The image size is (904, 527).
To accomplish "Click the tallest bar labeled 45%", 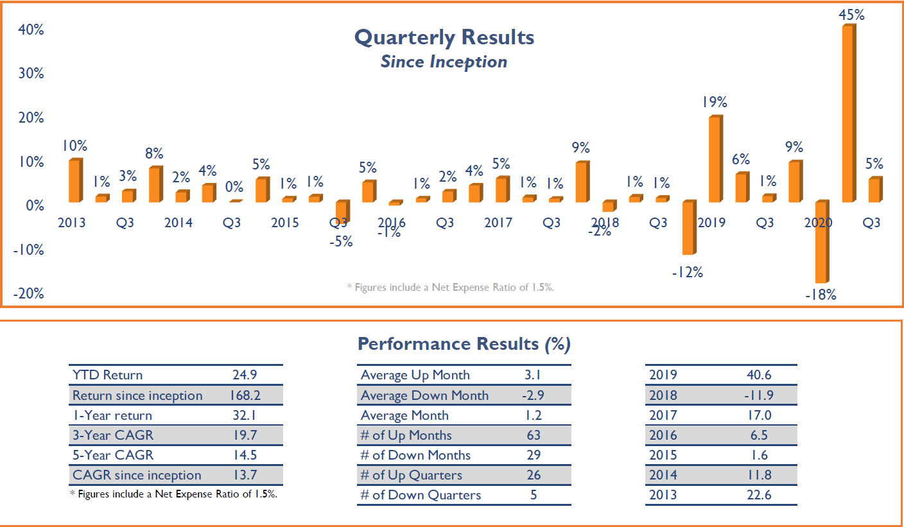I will [848, 114].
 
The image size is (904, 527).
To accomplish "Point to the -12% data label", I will [688, 273].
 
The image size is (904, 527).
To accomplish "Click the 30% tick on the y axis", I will [30, 73].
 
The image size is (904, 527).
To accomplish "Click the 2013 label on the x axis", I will [72, 223].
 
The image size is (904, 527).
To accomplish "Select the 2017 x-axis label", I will [498, 223].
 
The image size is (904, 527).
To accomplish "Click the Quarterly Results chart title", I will [444, 37].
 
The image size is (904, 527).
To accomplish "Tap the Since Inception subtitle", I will [444, 62].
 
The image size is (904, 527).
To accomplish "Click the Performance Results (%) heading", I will [464, 344].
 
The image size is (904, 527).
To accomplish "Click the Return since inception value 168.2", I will [245, 395].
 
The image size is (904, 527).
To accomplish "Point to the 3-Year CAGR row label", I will [113, 435].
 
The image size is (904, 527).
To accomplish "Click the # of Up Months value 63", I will [533, 435].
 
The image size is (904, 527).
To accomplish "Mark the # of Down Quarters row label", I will [421, 495].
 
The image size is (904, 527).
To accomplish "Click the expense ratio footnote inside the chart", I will [450, 287].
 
